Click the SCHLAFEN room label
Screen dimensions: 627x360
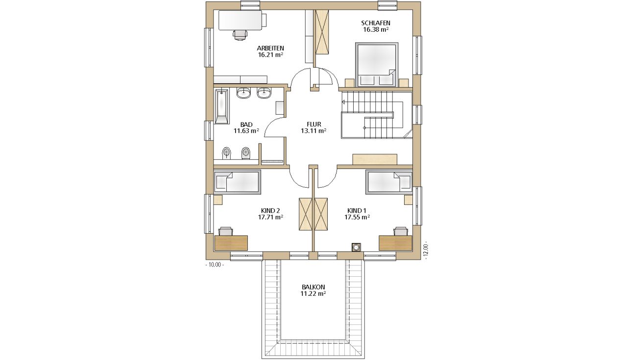click(x=376, y=23)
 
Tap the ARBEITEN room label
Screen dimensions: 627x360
click(x=270, y=48)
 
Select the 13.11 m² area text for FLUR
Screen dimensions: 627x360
click(x=314, y=131)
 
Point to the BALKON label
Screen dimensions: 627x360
click(x=313, y=287)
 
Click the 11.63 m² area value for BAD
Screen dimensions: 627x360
click(x=246, y=131)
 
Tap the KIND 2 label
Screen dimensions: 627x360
click(x=270, y=211)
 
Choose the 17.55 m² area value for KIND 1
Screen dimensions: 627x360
click(x=357, y=217)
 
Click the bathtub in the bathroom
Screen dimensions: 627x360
click(x=221, y=106)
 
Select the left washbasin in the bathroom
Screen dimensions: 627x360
click(x=244, y=93)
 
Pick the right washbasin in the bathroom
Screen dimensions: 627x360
click(x=264, y=93)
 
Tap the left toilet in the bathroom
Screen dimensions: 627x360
click(x=226, y=153)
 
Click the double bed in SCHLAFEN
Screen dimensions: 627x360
click(x=377, y=65)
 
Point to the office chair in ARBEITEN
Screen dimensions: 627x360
click(x=240, y=35)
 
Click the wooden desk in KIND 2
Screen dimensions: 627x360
click(x=231, y=243)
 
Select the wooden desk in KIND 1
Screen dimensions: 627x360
click(x=395, y=243)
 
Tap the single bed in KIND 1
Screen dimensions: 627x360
click(x=389, y=182)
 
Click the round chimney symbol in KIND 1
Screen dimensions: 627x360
click(x=356, y=247)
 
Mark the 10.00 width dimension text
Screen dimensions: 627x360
click(x=215, y=265)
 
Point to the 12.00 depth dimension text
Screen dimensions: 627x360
click(x=426, y=250)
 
